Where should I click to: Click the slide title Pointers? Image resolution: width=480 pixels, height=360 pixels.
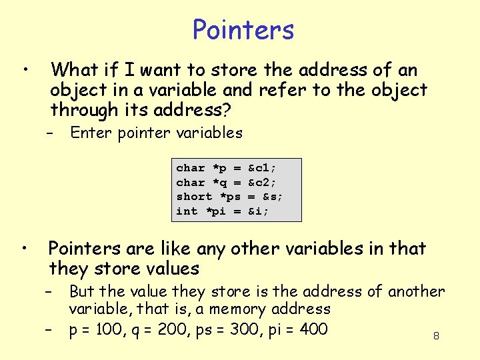click(x=243, y=30)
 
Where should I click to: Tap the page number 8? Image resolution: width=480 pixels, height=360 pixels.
click(x=436, y=336)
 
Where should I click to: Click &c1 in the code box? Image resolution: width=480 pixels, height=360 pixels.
click(x=261, y=168)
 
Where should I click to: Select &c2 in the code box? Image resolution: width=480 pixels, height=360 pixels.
click(x=261, y=182)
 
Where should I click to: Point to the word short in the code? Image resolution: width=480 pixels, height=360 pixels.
click(x=194, y=196)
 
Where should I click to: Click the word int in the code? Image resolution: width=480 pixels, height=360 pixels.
click(x=187, y=211)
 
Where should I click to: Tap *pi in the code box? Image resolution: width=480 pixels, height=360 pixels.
click(x=215, y=211)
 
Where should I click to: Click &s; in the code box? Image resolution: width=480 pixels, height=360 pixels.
click(x=272, y=196)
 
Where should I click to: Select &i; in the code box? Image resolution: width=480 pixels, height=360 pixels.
click(x=258, y=211)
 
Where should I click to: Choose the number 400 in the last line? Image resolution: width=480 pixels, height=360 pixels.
click(x=309, y=329)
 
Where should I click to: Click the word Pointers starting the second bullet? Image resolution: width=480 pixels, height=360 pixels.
click(x=83, y=249)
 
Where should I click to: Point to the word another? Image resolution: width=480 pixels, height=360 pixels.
click(x=416, y=291)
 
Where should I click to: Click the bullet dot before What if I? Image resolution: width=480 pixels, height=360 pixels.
click(x=25, y=69)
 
